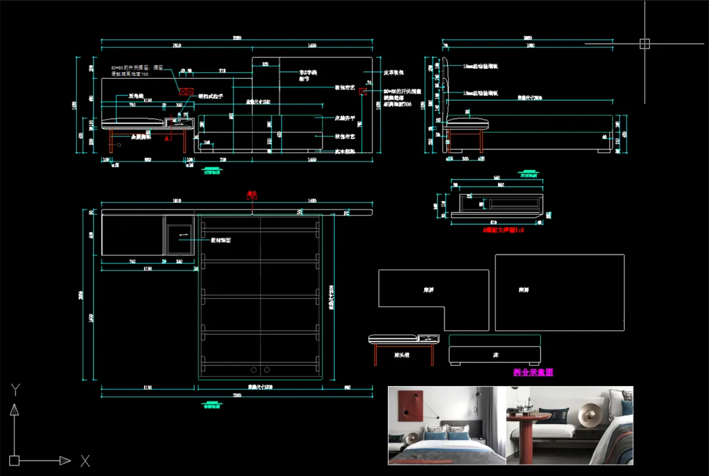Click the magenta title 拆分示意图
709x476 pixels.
tap(533, 372)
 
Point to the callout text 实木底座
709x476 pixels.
tap(345, 152)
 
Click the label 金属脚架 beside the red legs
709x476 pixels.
tap(140, 137)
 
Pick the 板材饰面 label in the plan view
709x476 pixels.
tap(220, 240)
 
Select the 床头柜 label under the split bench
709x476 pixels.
tap(402, 355)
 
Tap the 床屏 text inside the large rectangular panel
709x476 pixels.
tap(523, 290)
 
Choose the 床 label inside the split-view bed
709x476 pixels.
tap(496, 355)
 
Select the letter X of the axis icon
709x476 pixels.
tap(85, 461)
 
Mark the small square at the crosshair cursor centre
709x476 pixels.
tap(644, 44)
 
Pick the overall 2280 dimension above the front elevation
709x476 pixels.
tap(237, 38)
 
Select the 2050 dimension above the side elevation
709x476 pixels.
tap(527, 38)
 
